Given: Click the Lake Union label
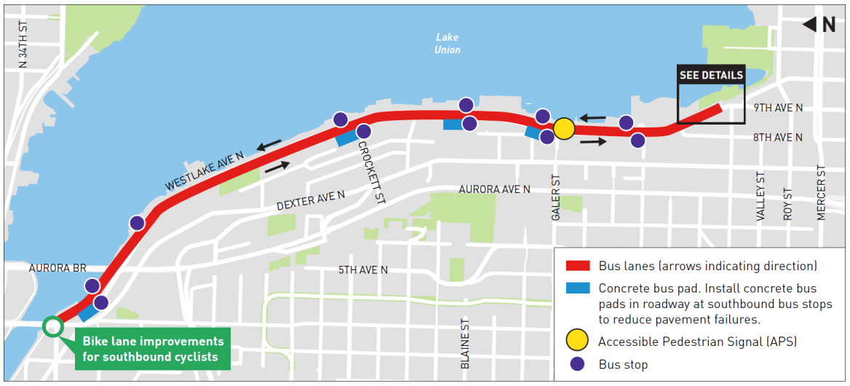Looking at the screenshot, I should [448, 44].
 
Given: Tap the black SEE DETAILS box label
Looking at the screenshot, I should [711, 75].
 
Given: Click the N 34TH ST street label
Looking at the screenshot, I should [23, 44].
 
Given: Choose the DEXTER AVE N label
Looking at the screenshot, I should [311, 201].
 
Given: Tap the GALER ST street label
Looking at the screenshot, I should [557, 198].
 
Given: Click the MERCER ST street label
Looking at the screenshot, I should [821, 192].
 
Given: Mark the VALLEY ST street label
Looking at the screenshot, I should [760, 197].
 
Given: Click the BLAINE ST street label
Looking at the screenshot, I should [465, 342].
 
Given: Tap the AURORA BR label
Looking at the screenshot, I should [57, 268].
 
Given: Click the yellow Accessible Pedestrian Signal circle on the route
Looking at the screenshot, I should [564, 130].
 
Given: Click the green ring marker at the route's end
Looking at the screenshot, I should [52, 326].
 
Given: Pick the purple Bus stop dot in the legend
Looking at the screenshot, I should [577, 364].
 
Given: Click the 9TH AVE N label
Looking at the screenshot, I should [778, 108].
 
